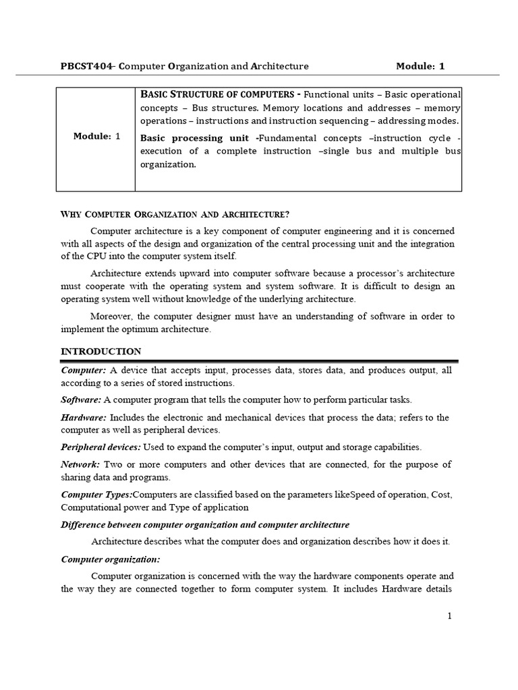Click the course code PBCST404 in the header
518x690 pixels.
pos(88,66)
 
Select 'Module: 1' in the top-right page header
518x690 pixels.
pos(420,66)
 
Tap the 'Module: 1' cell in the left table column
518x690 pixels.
pos(97,136)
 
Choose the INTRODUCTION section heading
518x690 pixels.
pos(101,352)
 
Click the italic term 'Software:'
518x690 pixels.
pos(81,400)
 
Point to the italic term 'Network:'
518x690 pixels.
pos(80,465)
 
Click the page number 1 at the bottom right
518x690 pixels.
pos(449,616)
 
